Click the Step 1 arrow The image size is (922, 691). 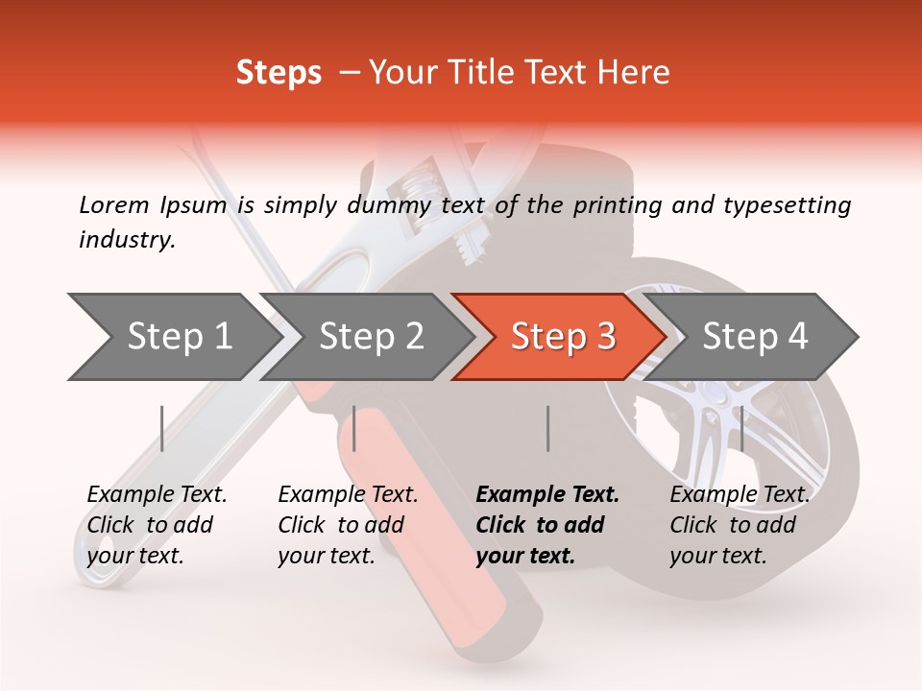[x=173, y=337]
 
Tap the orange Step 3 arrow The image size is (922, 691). [x=562, y=337]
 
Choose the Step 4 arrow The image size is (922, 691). [x=754, y=337]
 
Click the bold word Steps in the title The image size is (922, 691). [x=279, y=72]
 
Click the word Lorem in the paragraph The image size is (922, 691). [x=114, y=204]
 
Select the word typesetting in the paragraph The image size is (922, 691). [x=783, y=204]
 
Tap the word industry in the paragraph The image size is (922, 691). [x=126, y=240]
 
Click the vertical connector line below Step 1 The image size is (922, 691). [x=162, y=428]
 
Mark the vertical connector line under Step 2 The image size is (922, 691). [x=354, y=428]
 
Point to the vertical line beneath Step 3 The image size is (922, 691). [x=547, y=428]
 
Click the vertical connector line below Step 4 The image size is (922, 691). [x=741, y=428]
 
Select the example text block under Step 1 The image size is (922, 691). [x=157, y=525]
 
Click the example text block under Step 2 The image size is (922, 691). [x=348, y=525]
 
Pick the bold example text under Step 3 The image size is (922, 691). [x=547, y=525]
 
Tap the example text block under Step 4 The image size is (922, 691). [x=740, y=525]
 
